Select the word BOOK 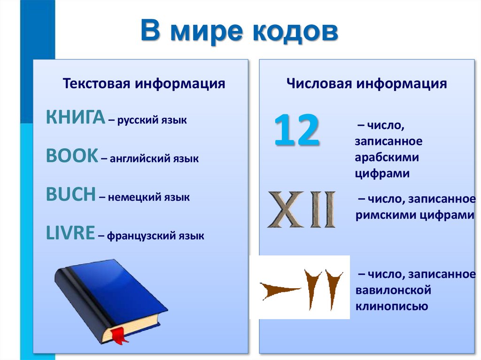coord(72,156)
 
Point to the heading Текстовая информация coord(144,84)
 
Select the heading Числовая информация coord(366,84)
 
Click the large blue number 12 coord(297,130)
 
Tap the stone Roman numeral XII coord(302,209)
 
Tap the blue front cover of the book coord(117,291)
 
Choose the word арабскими coord(387,157)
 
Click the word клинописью coord(391,307)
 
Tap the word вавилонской coord(394,291)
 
